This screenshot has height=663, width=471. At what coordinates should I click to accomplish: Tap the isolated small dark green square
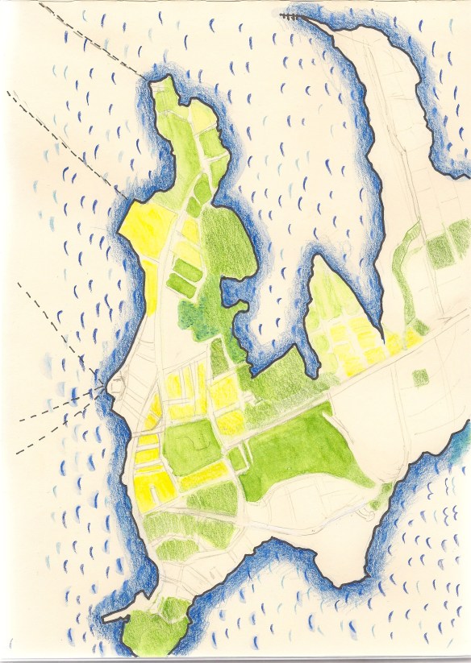tap(420, 376)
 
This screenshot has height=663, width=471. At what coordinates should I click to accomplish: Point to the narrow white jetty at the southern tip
tap(118, 616)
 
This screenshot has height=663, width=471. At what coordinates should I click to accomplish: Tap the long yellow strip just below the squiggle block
tap(205, 480)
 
